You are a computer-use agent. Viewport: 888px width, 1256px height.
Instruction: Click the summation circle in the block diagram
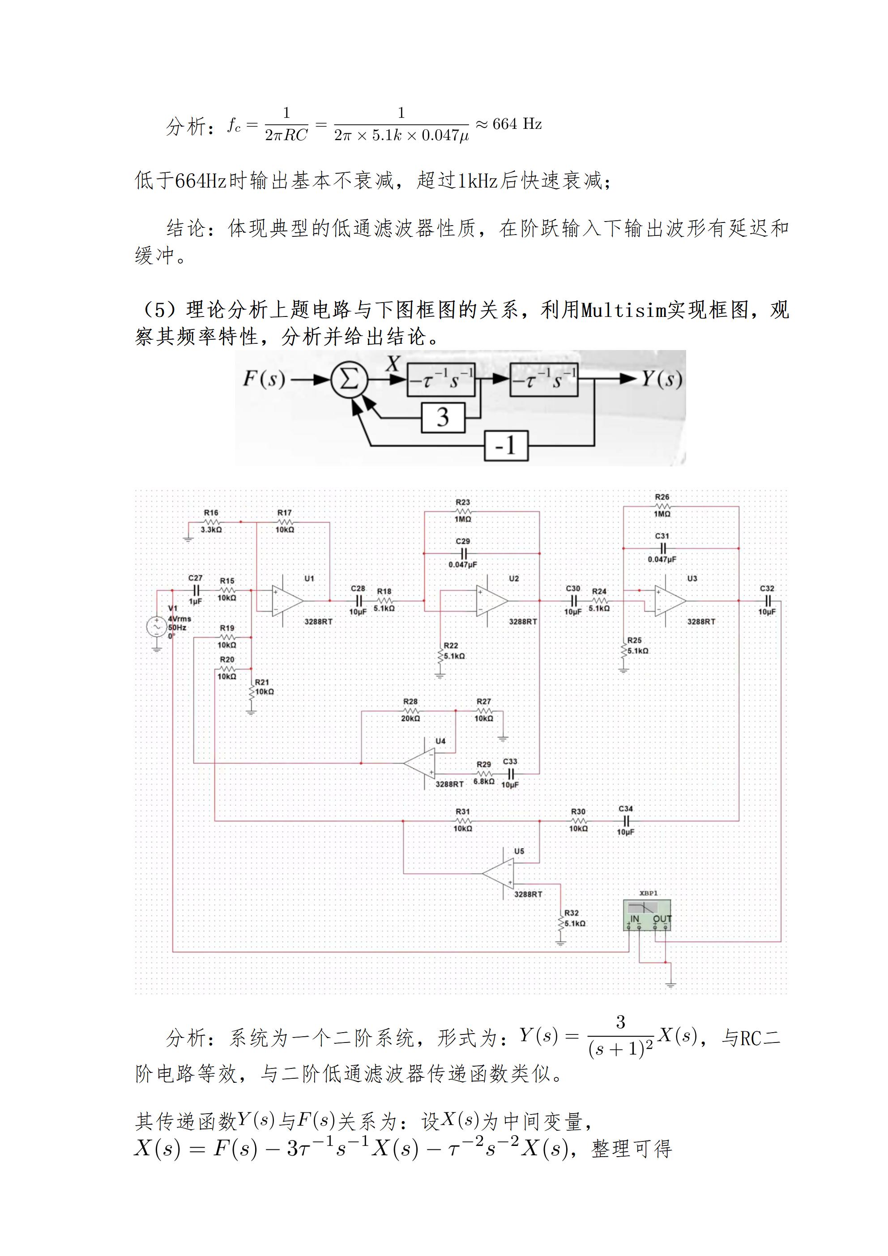(349, 379)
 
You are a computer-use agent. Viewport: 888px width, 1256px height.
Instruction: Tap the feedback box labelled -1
(506, 445)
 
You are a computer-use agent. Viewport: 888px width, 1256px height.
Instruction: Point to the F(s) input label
(264, 379)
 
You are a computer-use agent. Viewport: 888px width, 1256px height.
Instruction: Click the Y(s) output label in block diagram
(662, 379)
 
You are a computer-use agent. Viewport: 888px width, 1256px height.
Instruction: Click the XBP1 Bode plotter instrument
(647, 918)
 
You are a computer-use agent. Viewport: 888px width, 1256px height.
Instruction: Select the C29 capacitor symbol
(463, 553)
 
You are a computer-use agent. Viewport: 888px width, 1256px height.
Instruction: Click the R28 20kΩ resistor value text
(410, 718)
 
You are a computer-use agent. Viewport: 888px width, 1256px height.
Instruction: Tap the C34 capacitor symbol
(626, 820)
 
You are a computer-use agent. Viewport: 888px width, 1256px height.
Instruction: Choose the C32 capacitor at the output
(767, 601)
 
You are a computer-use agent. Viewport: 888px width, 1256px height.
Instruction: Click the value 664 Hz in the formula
(517, 124)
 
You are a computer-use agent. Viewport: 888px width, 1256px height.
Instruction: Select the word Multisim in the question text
(624, 310)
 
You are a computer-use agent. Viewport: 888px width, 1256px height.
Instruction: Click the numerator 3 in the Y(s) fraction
(620, 1022)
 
